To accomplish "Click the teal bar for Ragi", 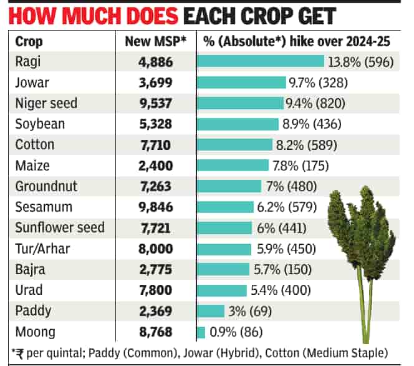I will (x=261, y=62).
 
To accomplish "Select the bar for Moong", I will (x=201, y=332).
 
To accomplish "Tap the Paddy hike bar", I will (x=211, y=311).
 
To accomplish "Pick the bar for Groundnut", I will (x=229, y=186).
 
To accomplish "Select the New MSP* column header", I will (x=155, y=42).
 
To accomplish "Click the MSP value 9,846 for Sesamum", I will (x=155, y=207).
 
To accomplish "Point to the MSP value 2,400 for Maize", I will (x=155, y=166).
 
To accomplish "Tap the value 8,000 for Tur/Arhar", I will (x=155, y=249).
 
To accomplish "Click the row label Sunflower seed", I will (x=59, y=228).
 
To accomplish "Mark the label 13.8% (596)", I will (x=361, y=62).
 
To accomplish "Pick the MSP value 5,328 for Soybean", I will (x=155, y=124).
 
